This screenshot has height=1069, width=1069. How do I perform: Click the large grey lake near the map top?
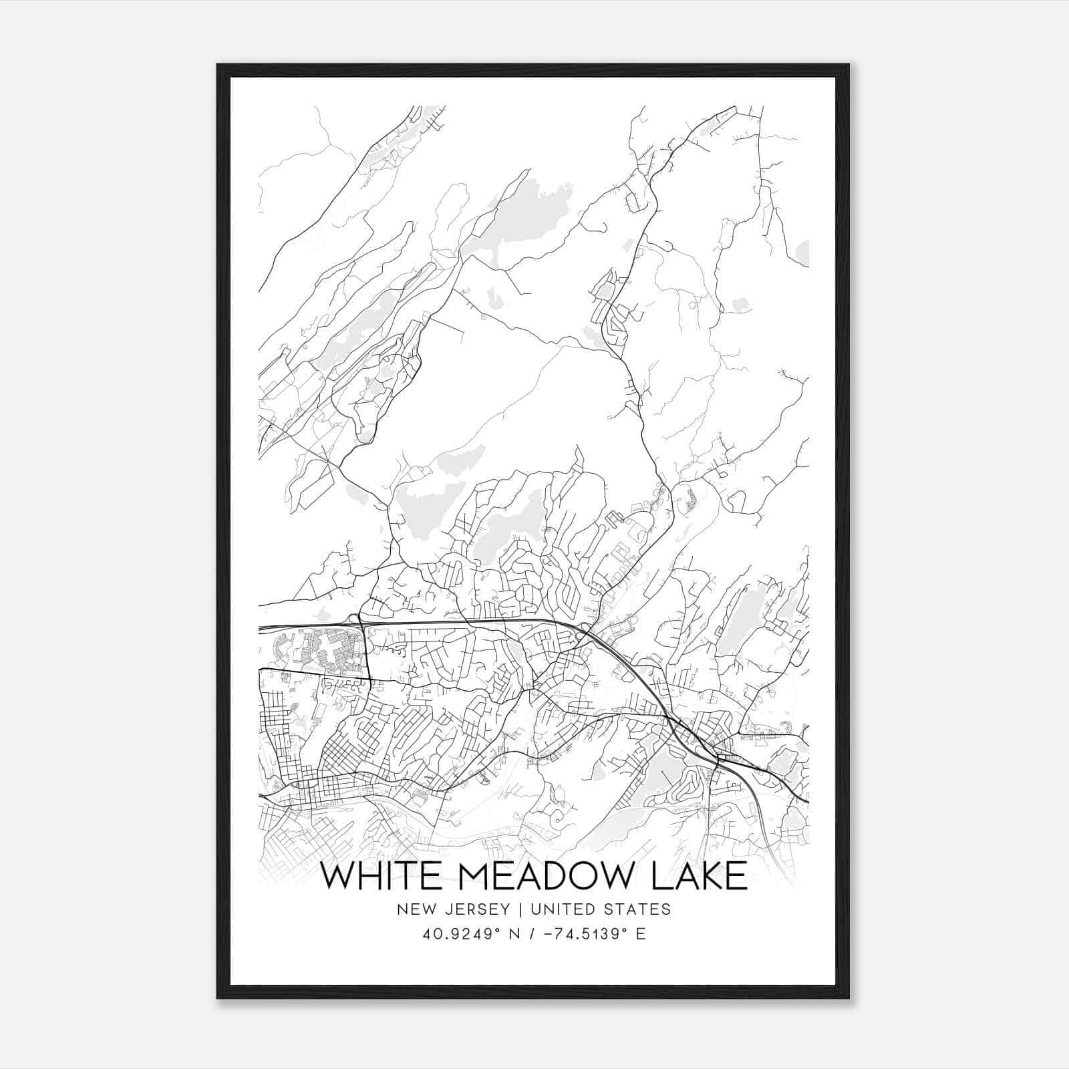click(514, 214)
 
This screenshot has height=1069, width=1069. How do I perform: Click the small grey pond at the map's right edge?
click(802, 252)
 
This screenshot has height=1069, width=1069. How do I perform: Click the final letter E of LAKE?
click(736, 877)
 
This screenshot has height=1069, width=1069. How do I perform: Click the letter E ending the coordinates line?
click(641, 934)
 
